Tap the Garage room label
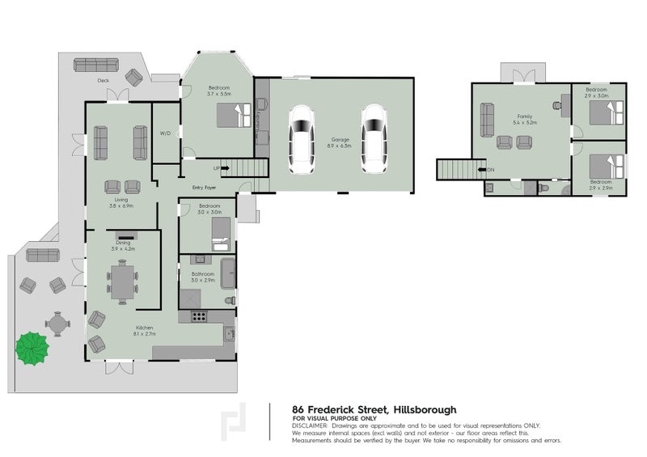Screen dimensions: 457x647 coord(340,141)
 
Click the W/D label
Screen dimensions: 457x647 coord(164,133)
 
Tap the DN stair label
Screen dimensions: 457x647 coord(490,170)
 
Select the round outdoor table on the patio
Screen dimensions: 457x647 coord(58,324)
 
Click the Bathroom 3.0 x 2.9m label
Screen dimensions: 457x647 coord(202,277)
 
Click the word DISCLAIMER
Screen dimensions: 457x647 coord(310,425)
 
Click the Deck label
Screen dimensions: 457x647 coord(104,81)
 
